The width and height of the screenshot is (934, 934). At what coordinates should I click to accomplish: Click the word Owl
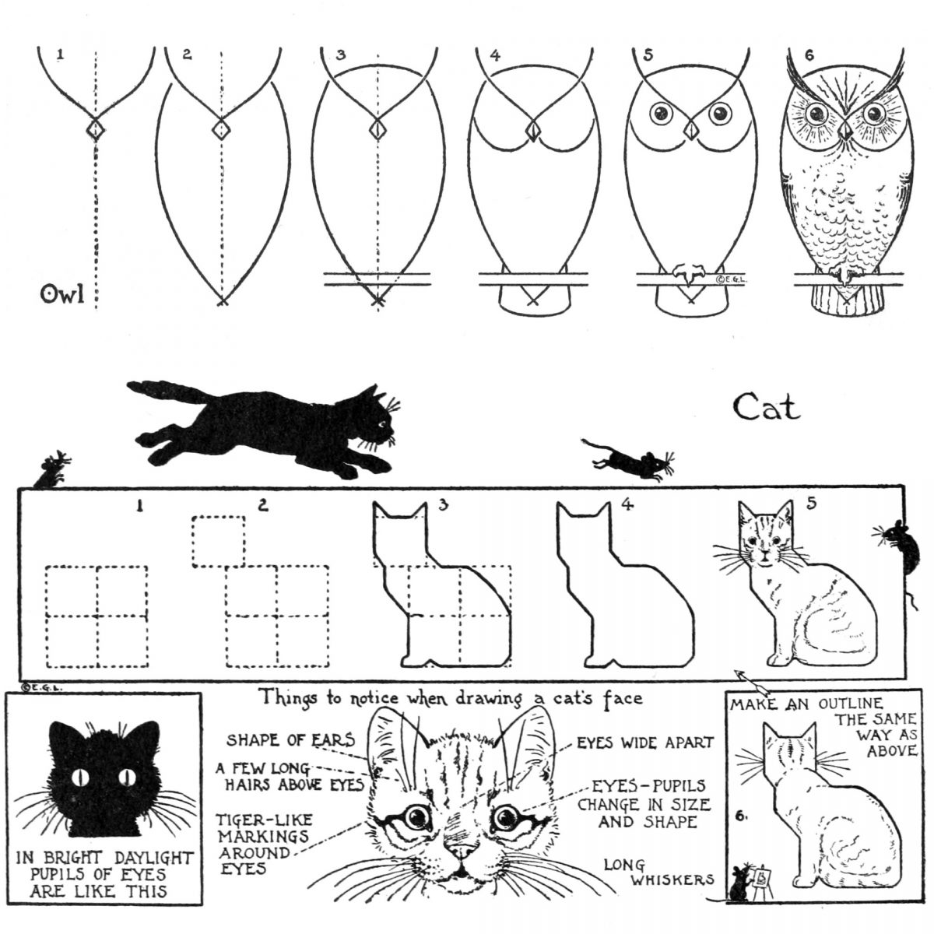tap(62, 293)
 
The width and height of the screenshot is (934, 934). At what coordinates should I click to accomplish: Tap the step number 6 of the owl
tap(809, 56)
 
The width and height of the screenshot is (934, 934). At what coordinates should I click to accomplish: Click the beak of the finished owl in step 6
tap(846, 130)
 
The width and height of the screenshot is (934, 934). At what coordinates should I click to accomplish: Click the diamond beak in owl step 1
tap(96, 129)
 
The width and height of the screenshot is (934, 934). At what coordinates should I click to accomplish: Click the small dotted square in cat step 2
tap(218, 542)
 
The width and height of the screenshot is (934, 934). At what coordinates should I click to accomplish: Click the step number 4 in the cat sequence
tap(627, 505)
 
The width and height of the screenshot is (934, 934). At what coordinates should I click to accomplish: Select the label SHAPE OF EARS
tap(291, 739)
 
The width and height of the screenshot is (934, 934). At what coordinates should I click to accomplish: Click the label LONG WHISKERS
tap(658, 872)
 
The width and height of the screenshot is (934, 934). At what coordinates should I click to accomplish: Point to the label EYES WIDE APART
tap(645, 742)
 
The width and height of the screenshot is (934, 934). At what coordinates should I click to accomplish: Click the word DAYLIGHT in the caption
tap(154, 858)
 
